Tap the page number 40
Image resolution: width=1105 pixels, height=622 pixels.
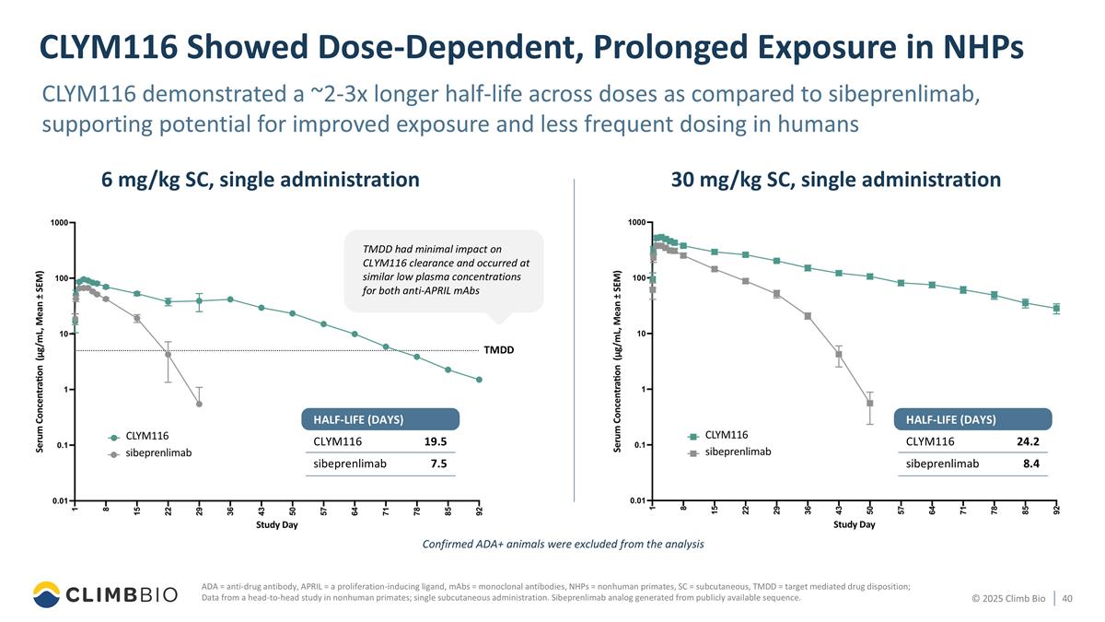pos(1068,600)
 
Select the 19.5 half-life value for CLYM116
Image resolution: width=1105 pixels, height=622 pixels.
pos(436,441)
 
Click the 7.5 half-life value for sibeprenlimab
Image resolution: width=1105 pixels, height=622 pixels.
pos(438,464)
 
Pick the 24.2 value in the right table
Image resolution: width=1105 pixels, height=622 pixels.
pos(1028,441)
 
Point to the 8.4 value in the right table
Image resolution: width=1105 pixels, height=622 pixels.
pos(1030,464)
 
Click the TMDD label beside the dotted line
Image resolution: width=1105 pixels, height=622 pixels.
pos(498,350)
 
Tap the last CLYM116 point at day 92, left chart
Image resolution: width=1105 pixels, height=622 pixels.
pos(479,380)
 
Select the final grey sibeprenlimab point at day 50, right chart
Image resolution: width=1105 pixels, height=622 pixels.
pos(870,404)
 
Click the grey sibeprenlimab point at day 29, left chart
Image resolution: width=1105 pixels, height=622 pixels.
pos(200,404)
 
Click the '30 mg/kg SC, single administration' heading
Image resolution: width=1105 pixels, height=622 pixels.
pos(835,180)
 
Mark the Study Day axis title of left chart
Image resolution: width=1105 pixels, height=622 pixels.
pos(277,524)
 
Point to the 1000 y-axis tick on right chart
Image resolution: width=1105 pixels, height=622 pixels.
pos(636,222)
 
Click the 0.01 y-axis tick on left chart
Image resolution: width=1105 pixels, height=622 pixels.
pos(59,500)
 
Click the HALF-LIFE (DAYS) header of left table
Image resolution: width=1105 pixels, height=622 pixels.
pos(353,419)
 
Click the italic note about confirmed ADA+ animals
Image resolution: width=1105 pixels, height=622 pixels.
pos(563,544)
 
